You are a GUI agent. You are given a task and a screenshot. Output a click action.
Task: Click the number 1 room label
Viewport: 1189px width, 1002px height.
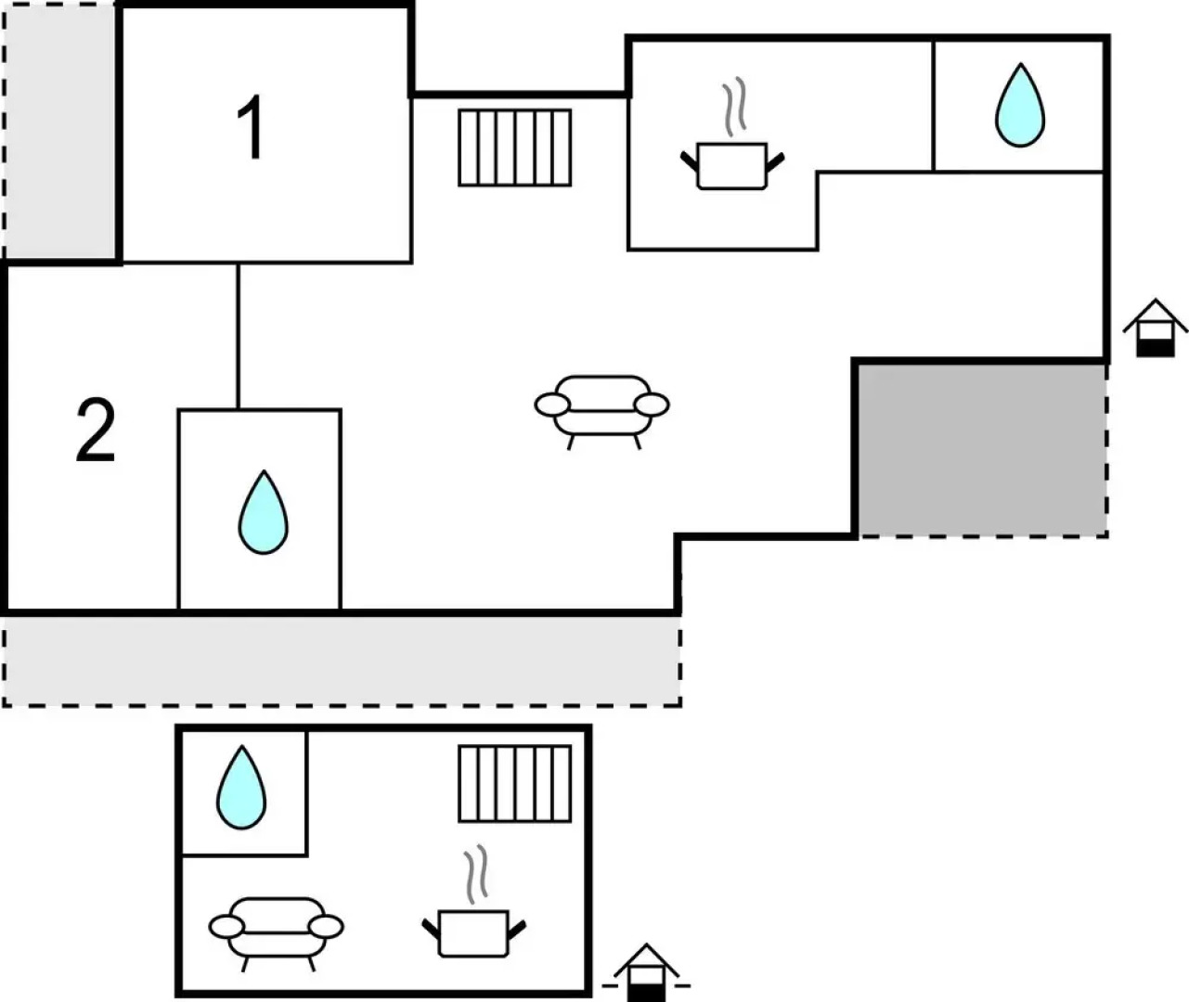[x=251, y=129]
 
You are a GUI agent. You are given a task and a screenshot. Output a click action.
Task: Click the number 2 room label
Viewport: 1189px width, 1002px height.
[x=96, y=430]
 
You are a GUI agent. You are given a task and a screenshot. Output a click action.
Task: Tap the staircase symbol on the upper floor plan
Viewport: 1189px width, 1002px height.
[x=515, y=148]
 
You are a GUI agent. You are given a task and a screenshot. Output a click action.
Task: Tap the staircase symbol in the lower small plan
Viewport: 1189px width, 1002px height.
[x=515, y=784]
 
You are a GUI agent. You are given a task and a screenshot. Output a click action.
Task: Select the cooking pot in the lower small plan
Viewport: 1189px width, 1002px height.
[x=473, y=931]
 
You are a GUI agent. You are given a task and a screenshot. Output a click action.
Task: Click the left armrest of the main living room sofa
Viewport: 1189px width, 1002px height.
[x=551, y=405]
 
